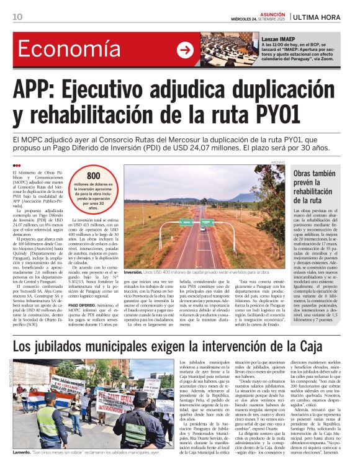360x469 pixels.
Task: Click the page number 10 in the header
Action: pos(17,16)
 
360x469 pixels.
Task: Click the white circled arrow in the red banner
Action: pos(185,50)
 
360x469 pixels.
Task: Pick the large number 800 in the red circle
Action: pos(93,176)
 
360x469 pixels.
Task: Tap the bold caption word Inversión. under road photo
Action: pos(133,272)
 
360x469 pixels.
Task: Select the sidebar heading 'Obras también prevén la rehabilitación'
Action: pos(315,187)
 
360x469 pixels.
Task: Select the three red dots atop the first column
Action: pos(17,165)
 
